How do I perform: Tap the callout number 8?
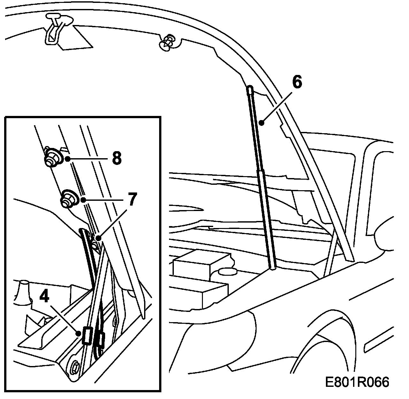117,158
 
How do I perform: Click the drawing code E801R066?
357,382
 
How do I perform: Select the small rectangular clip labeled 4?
87,336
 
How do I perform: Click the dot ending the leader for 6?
261,122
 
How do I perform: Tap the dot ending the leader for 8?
68,159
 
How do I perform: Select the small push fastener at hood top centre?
167,43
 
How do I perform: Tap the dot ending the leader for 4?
79,333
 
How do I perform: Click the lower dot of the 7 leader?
98,238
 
